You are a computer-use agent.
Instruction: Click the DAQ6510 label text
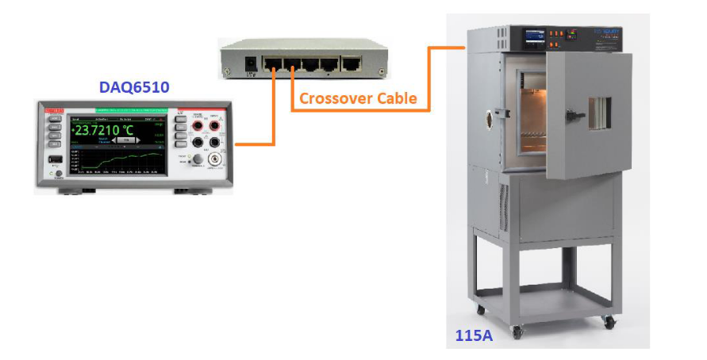(x=133, y=87)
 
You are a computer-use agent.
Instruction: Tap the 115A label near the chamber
(x=474, y=335)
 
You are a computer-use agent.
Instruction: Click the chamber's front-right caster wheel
(x=608, y=322)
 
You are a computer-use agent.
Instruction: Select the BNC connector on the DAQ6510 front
(x=214, y=159)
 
